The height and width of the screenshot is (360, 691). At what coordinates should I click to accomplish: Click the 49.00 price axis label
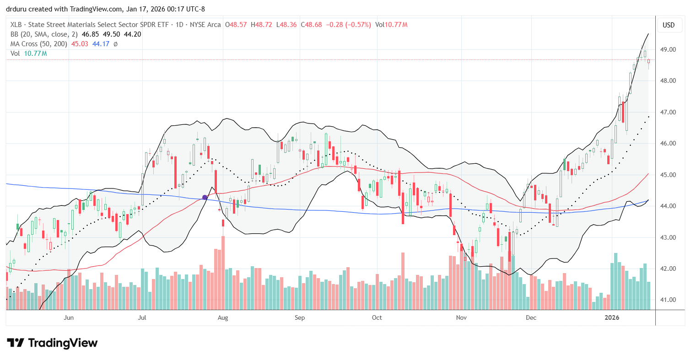[x=669, y=49]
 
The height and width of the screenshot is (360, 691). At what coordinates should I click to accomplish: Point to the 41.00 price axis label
[x=669, y=300]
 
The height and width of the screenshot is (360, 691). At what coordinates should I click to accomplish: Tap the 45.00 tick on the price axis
[x=669, y=175]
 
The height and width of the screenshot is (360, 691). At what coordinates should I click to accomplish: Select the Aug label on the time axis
[x=223, y=317]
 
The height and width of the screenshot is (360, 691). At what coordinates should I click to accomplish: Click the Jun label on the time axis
[x=69, y=317]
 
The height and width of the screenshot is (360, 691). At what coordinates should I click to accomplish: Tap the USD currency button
[x=669, y=25]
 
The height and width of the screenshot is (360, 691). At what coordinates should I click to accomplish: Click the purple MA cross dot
[x=205, y=198]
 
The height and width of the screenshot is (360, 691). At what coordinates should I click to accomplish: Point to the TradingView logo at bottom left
[x=52, y=343]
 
